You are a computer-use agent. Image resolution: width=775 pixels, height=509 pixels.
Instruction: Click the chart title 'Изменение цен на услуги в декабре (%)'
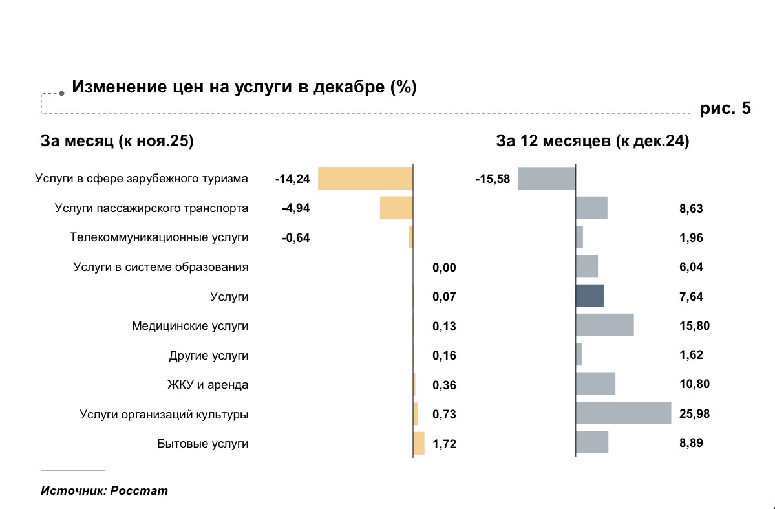coord(244,87)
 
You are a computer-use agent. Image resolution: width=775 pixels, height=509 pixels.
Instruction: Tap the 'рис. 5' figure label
coord(725,109)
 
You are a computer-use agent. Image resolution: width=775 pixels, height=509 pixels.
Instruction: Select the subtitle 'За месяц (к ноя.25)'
coord(117,142)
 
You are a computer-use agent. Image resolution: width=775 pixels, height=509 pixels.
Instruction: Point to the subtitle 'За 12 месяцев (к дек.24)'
coord(592,142)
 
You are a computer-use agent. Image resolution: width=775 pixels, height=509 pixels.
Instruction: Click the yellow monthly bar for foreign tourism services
coord(365,178)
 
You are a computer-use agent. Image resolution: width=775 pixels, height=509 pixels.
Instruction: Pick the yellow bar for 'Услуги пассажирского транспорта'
coord(396,208)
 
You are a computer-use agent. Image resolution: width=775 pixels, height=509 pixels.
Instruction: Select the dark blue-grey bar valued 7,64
coord(589,296)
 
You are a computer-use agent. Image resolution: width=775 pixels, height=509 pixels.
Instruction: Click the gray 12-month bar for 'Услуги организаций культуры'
coord(623,413)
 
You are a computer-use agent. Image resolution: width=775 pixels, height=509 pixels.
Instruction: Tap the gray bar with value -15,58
coord(546,178)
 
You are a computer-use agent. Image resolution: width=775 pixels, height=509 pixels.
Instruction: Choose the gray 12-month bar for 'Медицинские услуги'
coord(604,325)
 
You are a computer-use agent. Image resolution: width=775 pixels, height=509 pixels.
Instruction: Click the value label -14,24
coord(292,179)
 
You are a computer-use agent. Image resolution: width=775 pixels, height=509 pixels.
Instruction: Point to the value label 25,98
coord(695,414)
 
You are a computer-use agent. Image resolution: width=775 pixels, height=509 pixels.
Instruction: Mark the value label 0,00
coord(444,268)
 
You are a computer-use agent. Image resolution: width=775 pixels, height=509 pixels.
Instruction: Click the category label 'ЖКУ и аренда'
coord(207,385)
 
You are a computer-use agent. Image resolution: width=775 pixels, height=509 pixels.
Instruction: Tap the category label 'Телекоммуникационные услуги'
coord(159,237)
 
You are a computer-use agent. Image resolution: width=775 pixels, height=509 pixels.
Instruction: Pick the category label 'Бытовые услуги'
coord(202,444)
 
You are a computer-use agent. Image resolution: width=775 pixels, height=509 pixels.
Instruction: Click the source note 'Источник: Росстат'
coord(104,490)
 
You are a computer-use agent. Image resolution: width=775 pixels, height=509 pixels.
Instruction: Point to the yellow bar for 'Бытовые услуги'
coord(419,444)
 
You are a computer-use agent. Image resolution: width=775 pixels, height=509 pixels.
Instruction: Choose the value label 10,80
coord(695,385)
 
